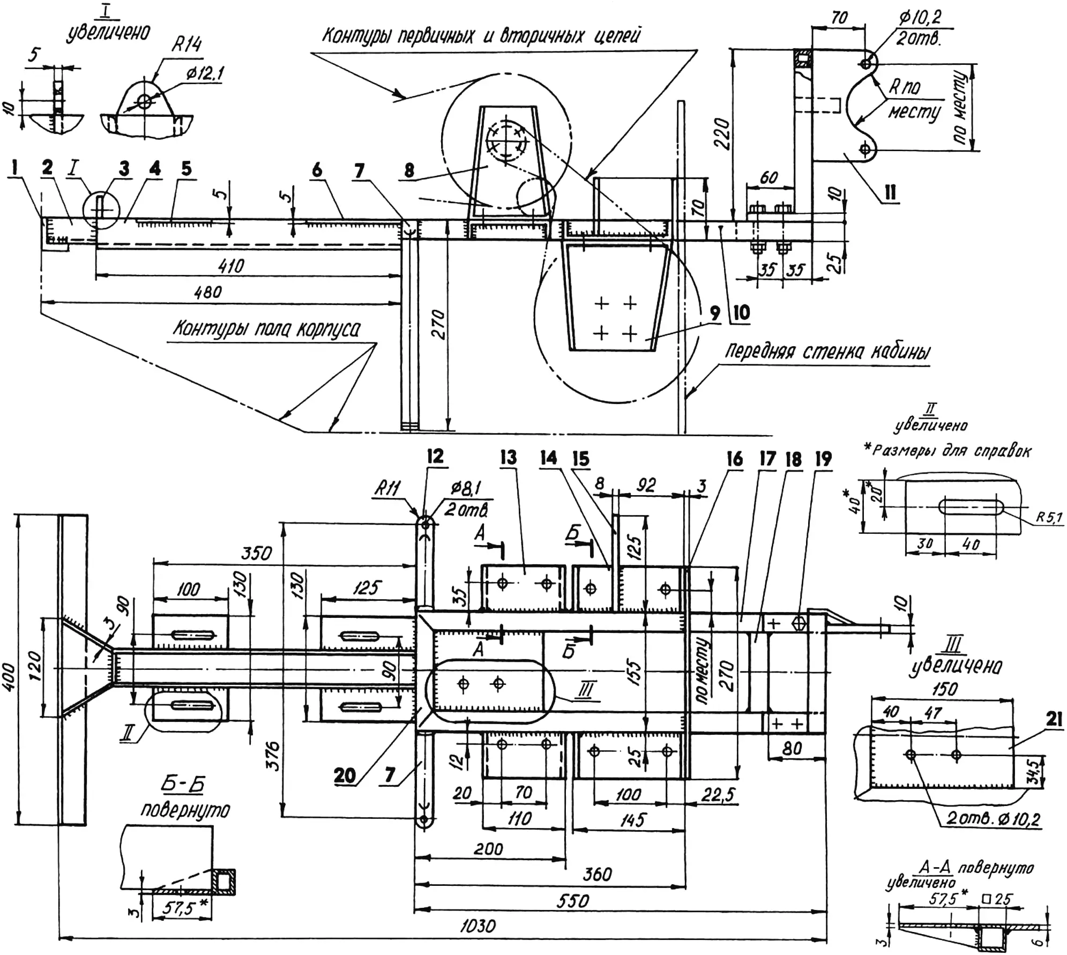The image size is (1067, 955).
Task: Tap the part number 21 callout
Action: [x=1054, y=720]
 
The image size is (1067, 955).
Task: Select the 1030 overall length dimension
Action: [x=477, y=926]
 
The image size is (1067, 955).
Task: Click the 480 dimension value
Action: [x=208, y=292]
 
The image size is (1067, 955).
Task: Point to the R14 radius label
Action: [x=186, y=44]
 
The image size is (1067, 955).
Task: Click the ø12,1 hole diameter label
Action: [x=205, y=74]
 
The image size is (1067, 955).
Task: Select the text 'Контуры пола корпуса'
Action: [x=266, y=328]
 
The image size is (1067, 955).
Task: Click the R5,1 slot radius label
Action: [x=1049, y=518]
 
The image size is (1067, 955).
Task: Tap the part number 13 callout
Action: [x=508, y=457]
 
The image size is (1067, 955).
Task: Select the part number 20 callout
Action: [x=345, y=775]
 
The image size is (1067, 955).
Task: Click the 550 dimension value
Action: [x=573, y=901]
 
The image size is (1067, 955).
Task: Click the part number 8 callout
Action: [x=409, y=170]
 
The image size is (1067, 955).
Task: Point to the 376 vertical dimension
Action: [x=273, y=755]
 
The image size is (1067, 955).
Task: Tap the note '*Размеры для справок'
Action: [x=947, y=451]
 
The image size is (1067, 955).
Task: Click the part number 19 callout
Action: [x=823, y=459]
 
